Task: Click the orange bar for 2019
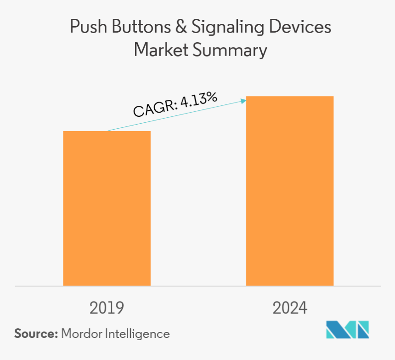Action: click(107, 208)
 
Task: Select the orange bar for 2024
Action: click(289, 191)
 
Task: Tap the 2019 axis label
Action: click(107, 308)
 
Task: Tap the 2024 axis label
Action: click(289, 308)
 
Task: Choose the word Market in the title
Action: click(161, 50)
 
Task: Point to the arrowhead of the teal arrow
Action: click(244, 100)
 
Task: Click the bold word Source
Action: click(34, 334)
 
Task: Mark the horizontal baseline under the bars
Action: click(197, 286)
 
